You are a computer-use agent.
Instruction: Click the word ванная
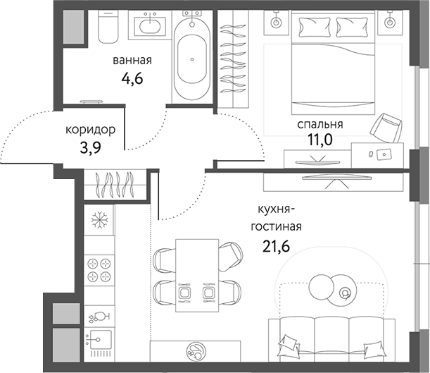[x=132, y=61]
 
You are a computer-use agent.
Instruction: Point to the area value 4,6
[x=132, y=78]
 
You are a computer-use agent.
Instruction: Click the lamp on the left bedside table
[x=275, y=23]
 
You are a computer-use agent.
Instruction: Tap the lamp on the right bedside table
[x=390, y=23]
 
